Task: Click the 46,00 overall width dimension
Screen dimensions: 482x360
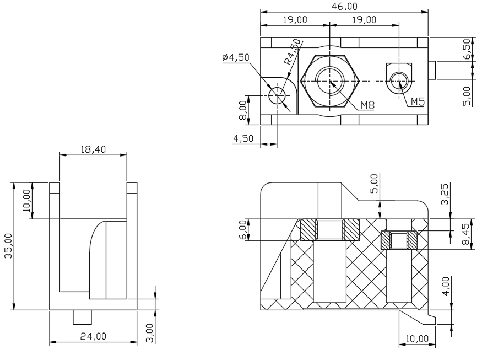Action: click(x=345, y=7)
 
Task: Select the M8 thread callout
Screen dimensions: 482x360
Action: click(x=367, y=105)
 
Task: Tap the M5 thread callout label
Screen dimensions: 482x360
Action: click(x=418, y=101)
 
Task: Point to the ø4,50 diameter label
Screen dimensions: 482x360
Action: click(x=236, y=57)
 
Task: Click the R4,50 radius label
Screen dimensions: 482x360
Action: click(x=292, y=52)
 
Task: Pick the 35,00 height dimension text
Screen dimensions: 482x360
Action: click(x=8, y=246)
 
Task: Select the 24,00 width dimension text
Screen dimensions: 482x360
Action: click(x=93, y=336)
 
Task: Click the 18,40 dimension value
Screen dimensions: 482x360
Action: click(x=93, y=149)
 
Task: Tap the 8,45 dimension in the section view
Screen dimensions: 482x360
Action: click(x=466, y=234)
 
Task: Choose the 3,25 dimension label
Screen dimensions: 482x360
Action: click(x=445, y=194)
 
